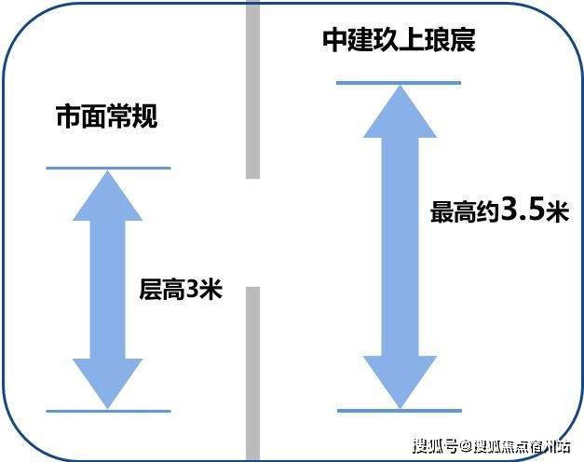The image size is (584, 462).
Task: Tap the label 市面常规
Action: coord(107,118)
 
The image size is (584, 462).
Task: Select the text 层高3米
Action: coord(181,290)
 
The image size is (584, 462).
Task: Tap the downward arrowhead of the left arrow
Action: coord(107,382)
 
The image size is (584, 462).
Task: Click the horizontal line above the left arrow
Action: coord(108,169)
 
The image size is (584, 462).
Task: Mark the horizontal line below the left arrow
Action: coord(108,411)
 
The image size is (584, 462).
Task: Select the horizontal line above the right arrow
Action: coord(399,83)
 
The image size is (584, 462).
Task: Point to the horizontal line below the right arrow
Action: coord(399,411)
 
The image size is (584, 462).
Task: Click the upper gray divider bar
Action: coord(252,88)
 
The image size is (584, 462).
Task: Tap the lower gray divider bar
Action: coord(252,373)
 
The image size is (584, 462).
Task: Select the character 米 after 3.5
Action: coord(556,212)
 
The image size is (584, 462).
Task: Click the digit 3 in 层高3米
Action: coord(192,290)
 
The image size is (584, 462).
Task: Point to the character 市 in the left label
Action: coord(68,118)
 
